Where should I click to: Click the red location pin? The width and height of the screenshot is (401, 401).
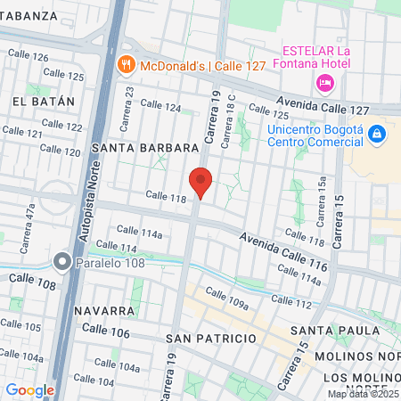pos(201,181)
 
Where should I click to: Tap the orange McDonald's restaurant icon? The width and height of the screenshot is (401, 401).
pos(126,64)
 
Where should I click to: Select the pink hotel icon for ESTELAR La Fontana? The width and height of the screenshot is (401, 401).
pos(324,83)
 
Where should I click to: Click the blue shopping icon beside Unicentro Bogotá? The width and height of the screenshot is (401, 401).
pos(376,134)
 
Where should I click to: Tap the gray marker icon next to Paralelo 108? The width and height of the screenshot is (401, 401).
pos(61,261)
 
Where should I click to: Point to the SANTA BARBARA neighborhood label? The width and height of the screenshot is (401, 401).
pos(143,147)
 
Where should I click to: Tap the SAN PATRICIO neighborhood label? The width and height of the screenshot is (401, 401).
pos(211,339)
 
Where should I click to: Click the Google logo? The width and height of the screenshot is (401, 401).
pos(29,389)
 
